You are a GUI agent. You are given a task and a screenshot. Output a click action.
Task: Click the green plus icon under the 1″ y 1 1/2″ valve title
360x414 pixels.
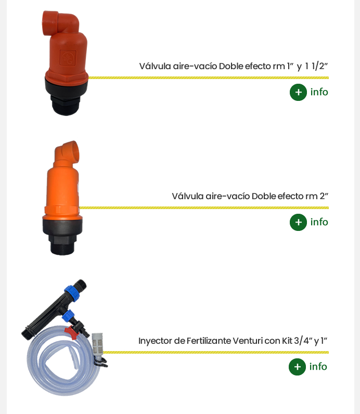pos(298,92)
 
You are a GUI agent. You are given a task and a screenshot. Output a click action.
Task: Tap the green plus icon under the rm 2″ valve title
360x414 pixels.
pos(298,222)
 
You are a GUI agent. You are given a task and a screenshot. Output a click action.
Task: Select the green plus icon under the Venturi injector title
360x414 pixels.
pos(297,367)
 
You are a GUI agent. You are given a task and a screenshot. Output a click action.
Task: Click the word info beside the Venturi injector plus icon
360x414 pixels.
pos(318,367)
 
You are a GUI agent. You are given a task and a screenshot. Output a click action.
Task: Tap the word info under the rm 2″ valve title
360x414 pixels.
pos(319,222)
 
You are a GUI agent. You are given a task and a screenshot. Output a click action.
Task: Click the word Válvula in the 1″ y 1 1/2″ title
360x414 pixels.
pos(155,66)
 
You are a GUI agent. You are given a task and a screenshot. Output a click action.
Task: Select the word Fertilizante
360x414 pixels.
pos(209,341)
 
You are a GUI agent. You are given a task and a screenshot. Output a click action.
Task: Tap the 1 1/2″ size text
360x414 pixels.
pos(316,66)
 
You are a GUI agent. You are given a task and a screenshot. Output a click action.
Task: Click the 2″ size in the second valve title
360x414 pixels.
pos(324,196)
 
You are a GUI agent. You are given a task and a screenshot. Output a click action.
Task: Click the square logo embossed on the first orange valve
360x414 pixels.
pos(68,58)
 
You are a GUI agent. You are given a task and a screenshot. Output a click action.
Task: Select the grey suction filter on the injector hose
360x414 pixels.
pos(97,344)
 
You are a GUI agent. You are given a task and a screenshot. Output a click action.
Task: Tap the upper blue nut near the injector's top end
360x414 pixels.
pos(72,293)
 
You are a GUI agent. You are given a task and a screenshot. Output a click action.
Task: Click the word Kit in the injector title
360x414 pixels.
pos(287,341)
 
